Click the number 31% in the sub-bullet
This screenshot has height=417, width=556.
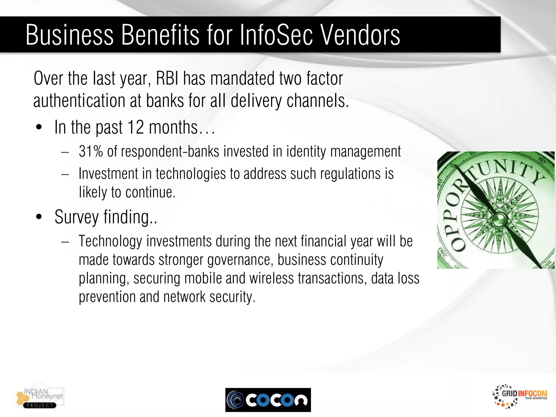[x=91, y=151]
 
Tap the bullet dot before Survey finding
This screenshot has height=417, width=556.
[x=39, y=217]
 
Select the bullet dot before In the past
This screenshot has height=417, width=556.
[x=39, y=127]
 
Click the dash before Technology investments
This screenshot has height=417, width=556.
[x=65, y=241]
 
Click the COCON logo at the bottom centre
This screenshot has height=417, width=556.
[x=268, y=400]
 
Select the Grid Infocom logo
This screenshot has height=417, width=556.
[x=520, y=397]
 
